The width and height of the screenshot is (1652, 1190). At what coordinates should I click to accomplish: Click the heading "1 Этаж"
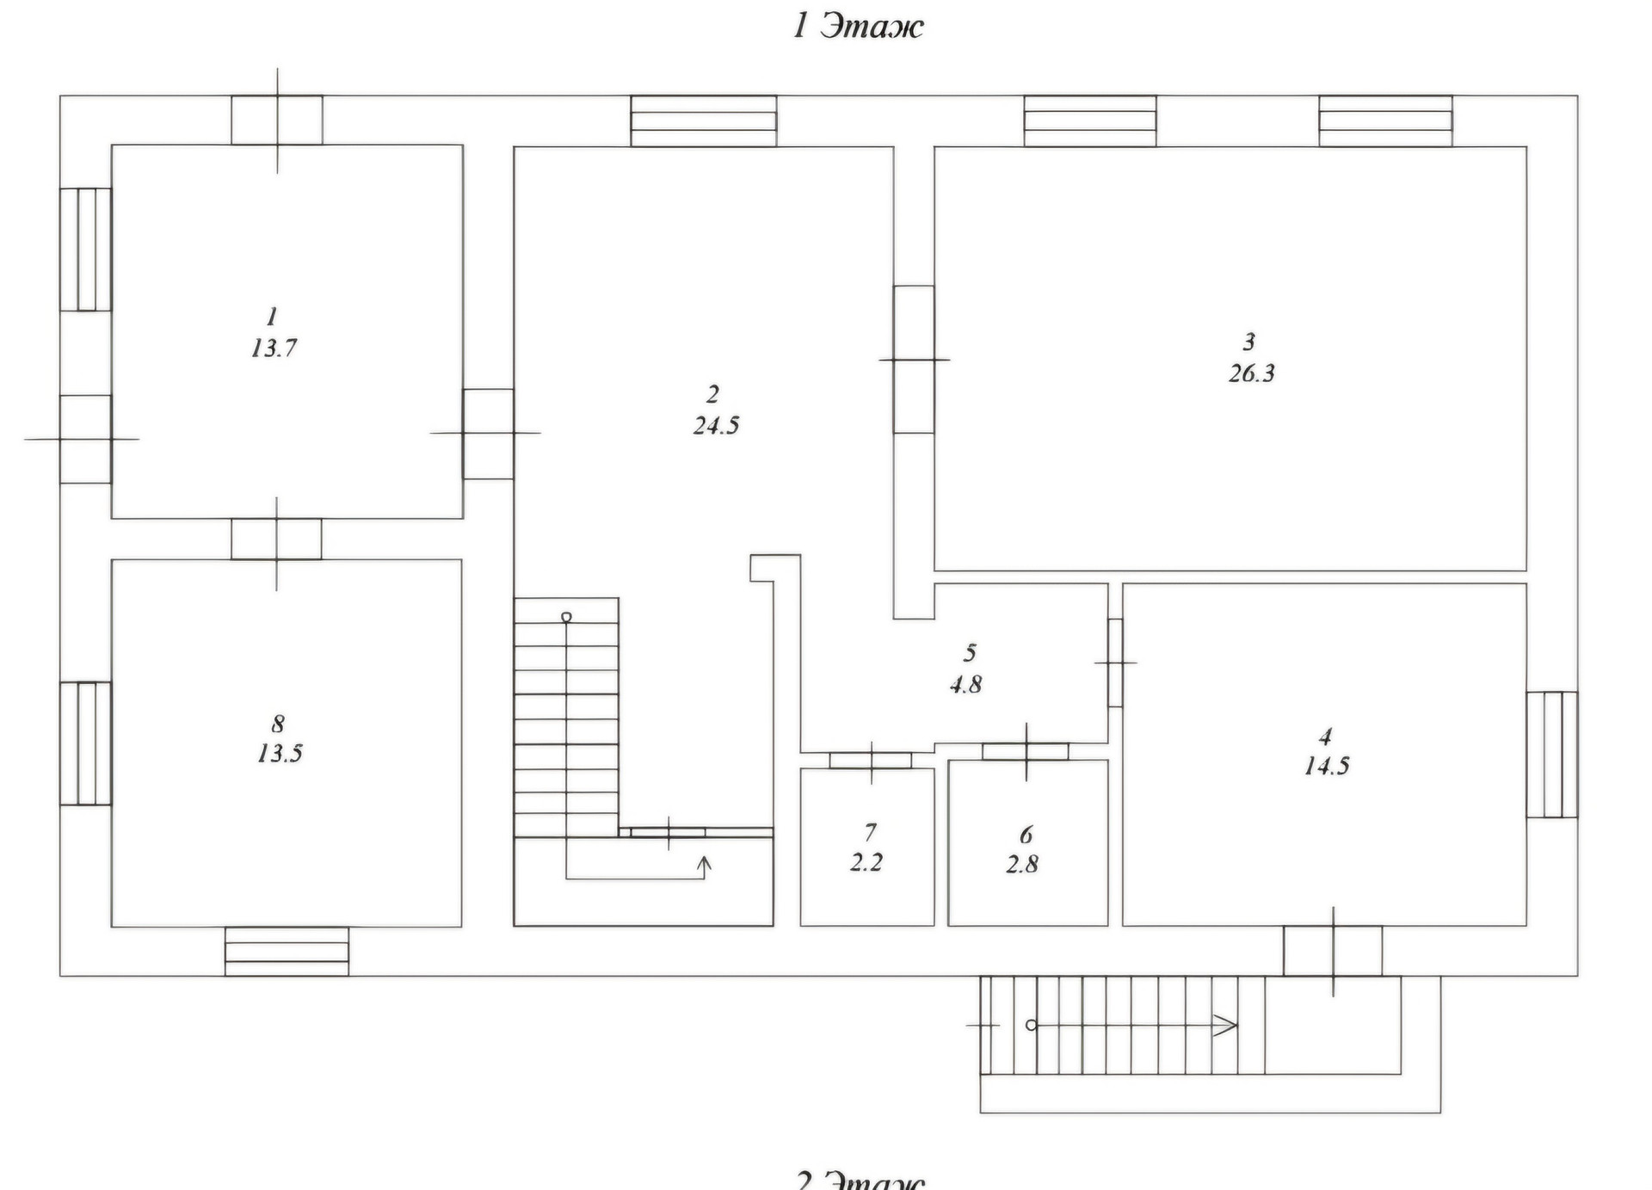point(858,27)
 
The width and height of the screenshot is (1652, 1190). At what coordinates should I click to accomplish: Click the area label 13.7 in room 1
point(274,348)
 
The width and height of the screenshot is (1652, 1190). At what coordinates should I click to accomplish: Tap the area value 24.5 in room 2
point(716,425)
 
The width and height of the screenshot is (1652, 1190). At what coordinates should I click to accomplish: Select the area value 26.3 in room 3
point(1251,373)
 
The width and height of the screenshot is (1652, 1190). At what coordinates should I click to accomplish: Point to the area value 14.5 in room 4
point(1326,766)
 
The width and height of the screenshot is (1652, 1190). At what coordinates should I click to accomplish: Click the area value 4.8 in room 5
point(965,685)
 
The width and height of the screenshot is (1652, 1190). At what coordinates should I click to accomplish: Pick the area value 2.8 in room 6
point(1021,864)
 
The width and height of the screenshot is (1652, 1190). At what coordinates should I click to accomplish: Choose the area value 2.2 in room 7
point(866,862)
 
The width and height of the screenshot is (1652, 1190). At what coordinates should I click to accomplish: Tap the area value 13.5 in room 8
point(280,754)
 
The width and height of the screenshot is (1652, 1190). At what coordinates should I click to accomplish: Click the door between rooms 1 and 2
point(488,434)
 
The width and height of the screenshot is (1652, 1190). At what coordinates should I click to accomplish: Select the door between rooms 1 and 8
point(276,540)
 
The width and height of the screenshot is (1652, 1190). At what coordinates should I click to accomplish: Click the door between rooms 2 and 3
point(914,360)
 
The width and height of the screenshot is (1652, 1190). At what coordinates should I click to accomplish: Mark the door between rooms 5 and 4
point(1115,663)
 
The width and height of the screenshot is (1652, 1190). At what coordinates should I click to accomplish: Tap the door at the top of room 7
point(871,761)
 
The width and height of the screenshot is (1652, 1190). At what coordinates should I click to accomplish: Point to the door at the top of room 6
point(1026,752)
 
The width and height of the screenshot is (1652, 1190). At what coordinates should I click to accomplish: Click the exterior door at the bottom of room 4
point(1333,951)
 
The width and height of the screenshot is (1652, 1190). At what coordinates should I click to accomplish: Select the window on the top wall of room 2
point(704,121)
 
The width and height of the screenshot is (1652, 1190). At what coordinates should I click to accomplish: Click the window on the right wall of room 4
point(1552,755)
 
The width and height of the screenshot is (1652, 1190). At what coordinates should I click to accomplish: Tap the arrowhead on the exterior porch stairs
point(1225,1026)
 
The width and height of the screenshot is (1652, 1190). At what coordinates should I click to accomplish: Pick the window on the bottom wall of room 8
point(287,951)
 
